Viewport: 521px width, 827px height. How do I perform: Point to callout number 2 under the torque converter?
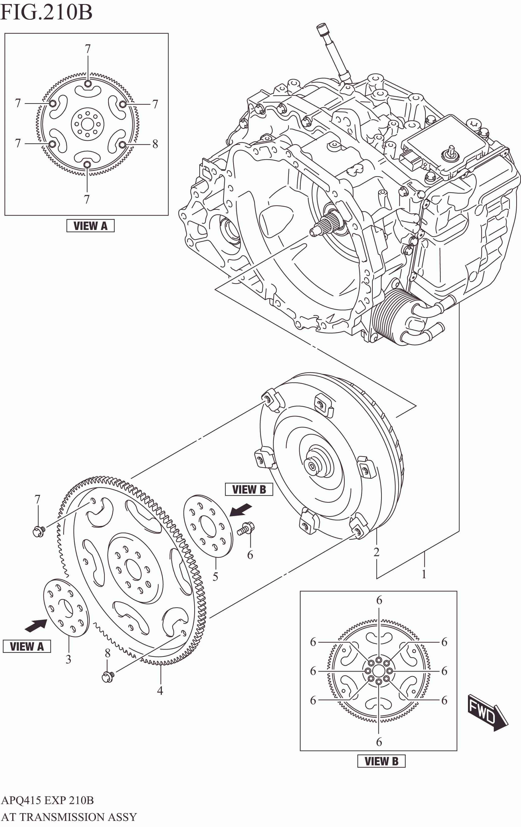[x=377, y=552]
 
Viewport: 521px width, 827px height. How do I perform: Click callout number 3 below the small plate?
[x=68, y=659]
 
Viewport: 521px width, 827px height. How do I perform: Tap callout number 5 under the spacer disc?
[x=215, y=576]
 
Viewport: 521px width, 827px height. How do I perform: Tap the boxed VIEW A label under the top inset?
[x=90, y=226]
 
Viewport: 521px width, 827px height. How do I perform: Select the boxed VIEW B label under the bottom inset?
[x=381, y=761]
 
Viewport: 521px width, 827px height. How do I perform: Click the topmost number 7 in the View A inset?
[x=88, y=49]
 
